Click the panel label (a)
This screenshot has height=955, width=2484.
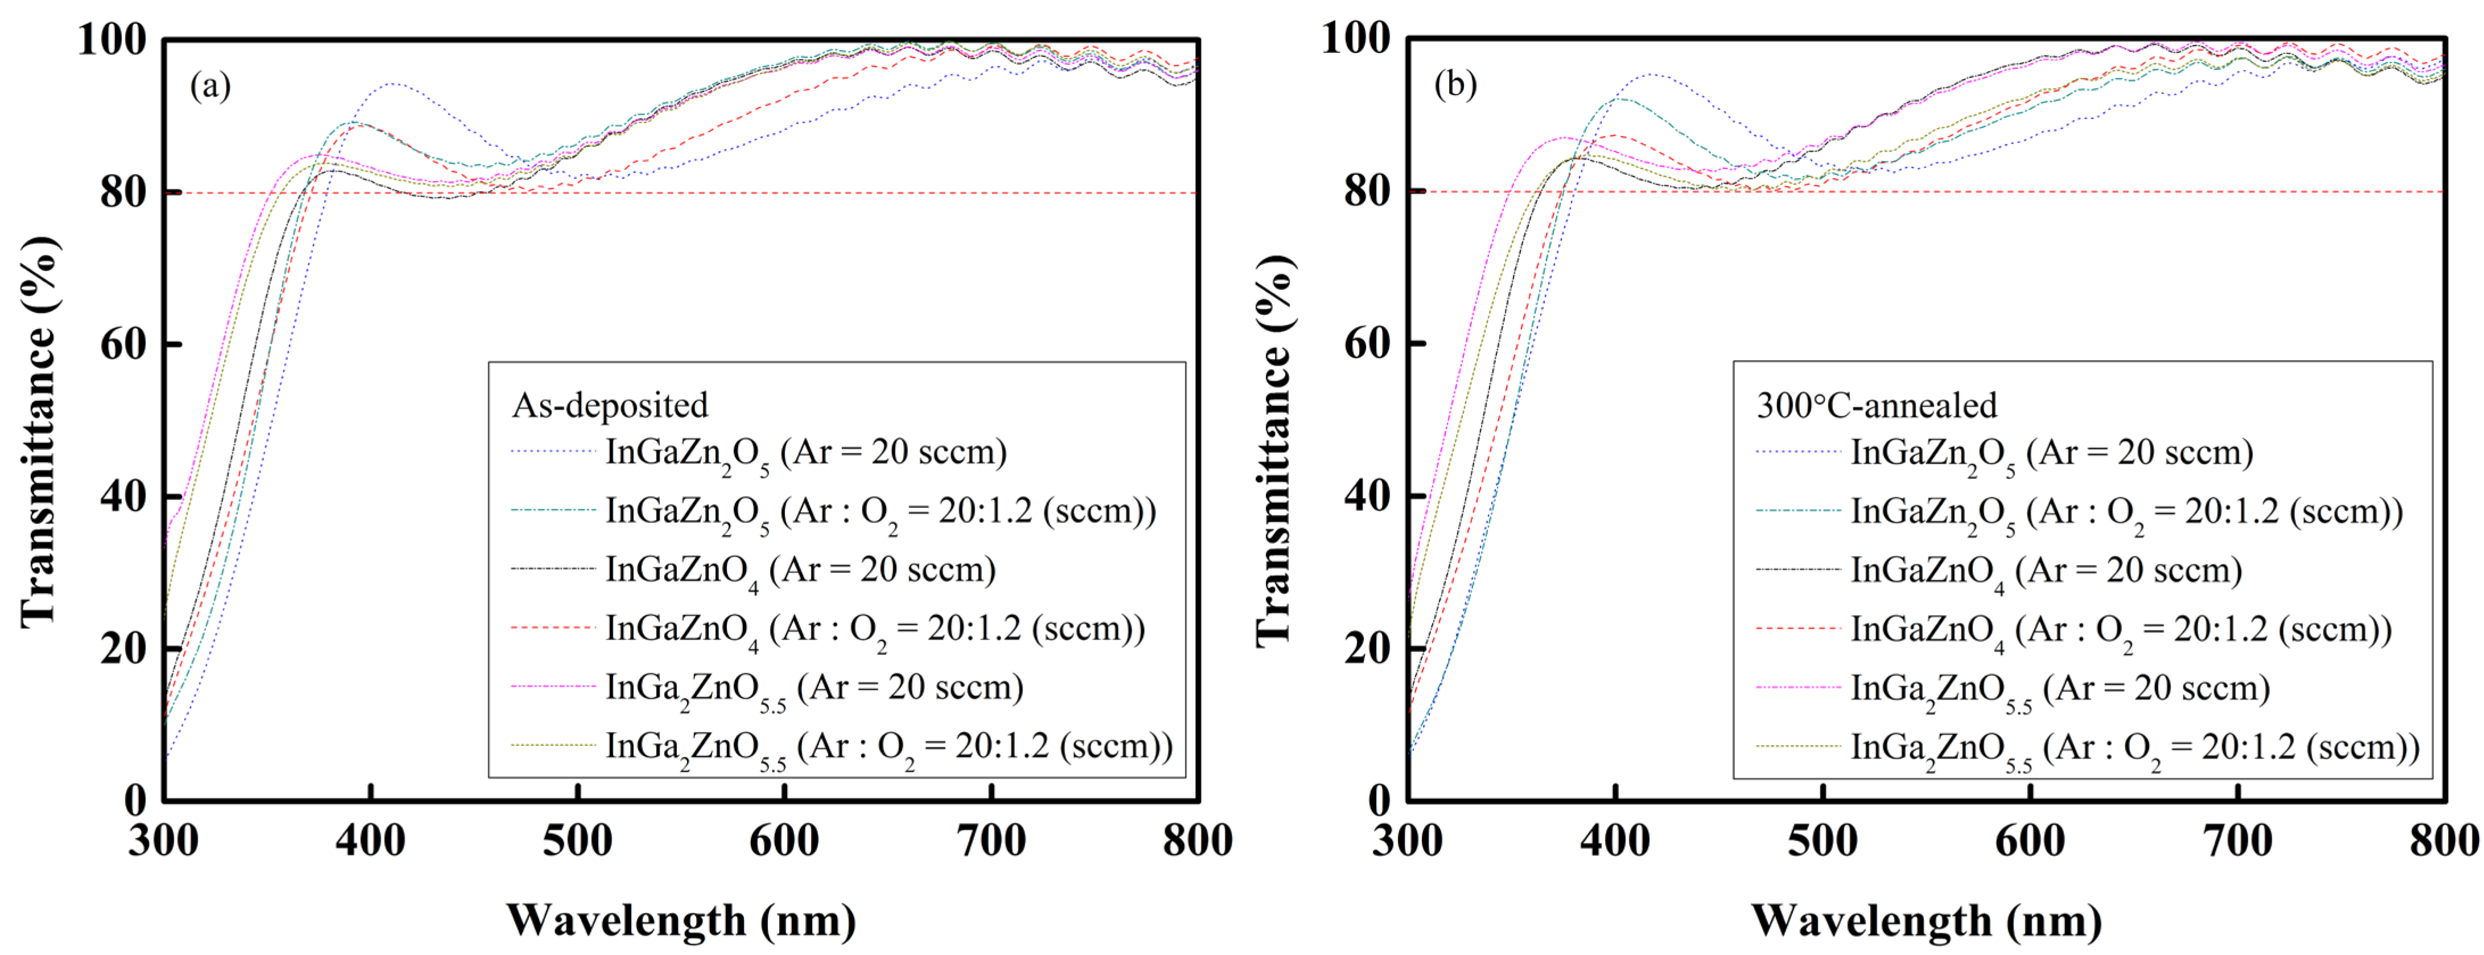tap(210, 87)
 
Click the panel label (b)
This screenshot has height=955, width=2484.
tap(1455, 85)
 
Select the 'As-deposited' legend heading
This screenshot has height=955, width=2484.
tap(610, 405)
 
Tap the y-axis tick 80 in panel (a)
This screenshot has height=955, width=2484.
tap(124, 192)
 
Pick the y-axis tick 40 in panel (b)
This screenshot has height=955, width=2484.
tap(1367, 496)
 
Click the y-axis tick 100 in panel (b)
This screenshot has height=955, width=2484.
tap(1356, 39)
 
